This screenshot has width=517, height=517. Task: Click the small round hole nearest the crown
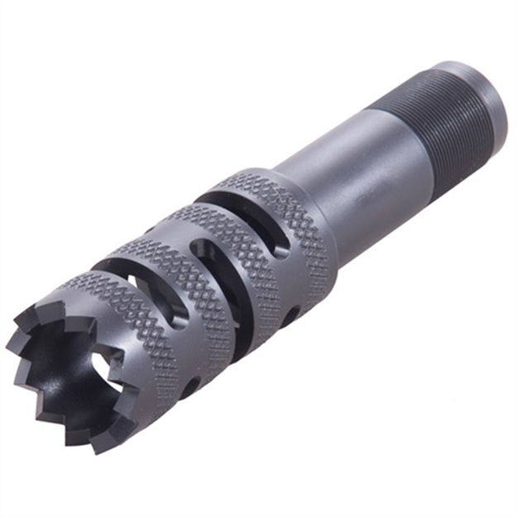point(190,384)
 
